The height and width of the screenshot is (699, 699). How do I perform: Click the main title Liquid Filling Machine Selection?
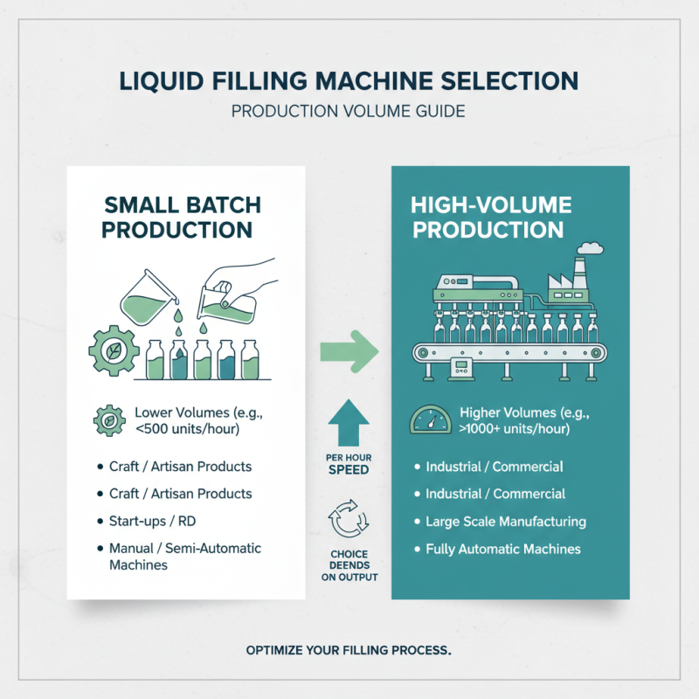pos(349,81)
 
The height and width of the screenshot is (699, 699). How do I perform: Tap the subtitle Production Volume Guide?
pos(349,113)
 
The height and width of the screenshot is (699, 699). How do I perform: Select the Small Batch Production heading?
pos(182,218)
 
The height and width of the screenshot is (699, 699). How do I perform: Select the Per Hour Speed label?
pos(349,462)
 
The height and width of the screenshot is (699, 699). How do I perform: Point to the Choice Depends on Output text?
pos(349,565)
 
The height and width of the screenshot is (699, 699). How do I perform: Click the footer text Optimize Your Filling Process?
pos(349,650)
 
